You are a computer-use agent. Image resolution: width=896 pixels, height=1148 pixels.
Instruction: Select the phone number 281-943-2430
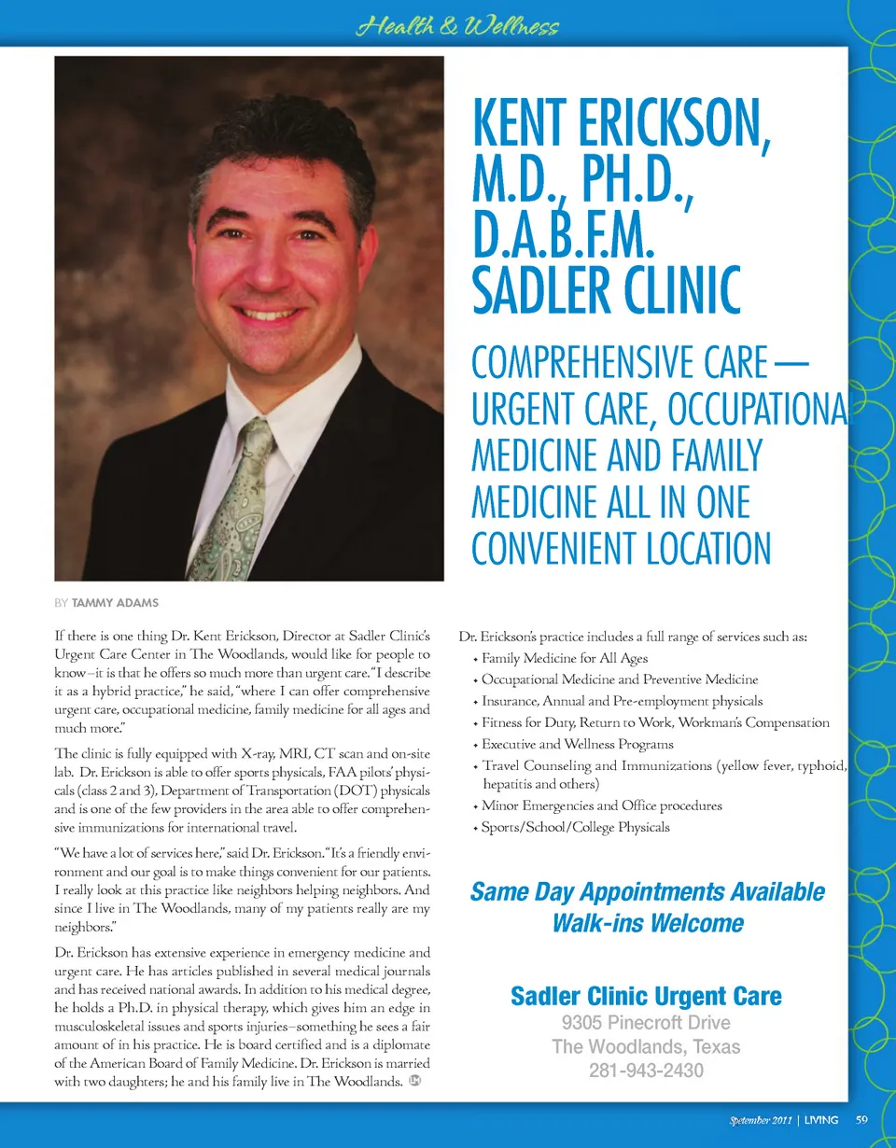(646, 1071)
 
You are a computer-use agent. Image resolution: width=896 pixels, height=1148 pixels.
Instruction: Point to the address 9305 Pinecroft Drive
(646, 1023)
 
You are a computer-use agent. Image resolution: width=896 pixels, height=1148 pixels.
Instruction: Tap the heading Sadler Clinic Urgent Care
(646, 996)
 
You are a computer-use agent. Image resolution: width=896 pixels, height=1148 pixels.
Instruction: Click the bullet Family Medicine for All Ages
(564, 659)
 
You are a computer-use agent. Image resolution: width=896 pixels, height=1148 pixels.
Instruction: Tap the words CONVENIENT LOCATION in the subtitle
(622, 549)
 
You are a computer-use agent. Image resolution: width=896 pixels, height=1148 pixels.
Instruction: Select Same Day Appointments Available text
(648, 891)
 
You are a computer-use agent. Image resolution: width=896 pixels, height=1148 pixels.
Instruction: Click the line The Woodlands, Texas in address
(646, 1046)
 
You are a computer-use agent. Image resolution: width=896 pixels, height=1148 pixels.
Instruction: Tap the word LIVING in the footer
(820, 1119)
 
